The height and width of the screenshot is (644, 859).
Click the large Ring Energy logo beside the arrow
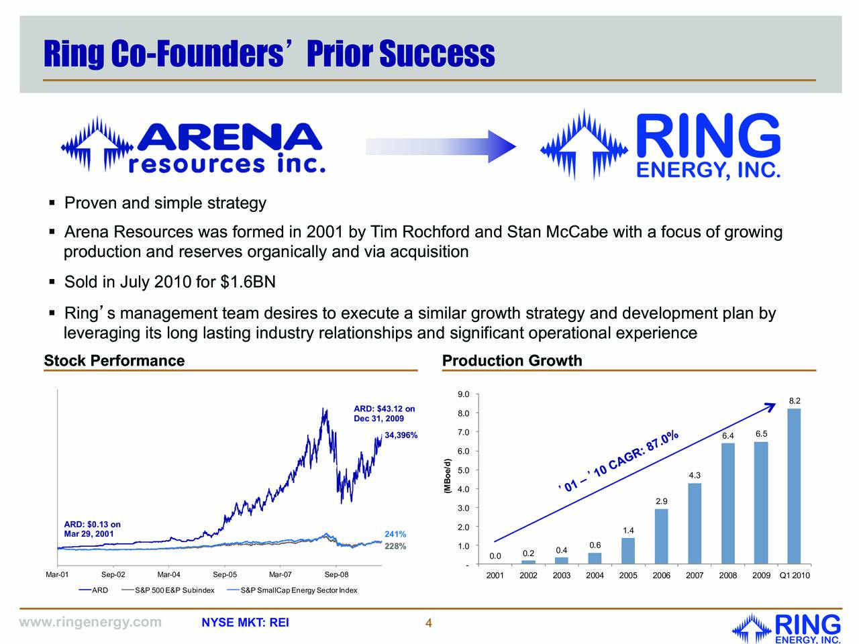point(660,146)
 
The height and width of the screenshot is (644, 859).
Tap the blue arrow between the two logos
point(440,146)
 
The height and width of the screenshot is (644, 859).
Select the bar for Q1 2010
point(794,486)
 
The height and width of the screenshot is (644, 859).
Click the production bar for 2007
point(695,523)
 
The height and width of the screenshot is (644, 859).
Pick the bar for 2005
point(628,550)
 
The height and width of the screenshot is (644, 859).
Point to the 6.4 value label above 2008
point(727,437)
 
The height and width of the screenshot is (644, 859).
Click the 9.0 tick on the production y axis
point(463,394)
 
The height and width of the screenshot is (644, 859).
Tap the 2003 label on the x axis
point(561,576)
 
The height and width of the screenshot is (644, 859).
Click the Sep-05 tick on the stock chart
point(225,575)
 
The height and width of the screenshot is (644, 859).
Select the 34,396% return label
point(401,436)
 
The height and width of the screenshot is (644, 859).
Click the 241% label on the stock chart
point(395,535)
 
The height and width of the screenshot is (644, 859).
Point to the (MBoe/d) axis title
point(447,477)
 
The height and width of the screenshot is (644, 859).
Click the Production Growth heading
point(512,361)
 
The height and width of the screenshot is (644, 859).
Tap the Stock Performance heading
point(114,361)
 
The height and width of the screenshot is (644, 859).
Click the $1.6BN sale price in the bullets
point(248,282)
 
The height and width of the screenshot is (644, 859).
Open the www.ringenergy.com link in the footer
point(91,623)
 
